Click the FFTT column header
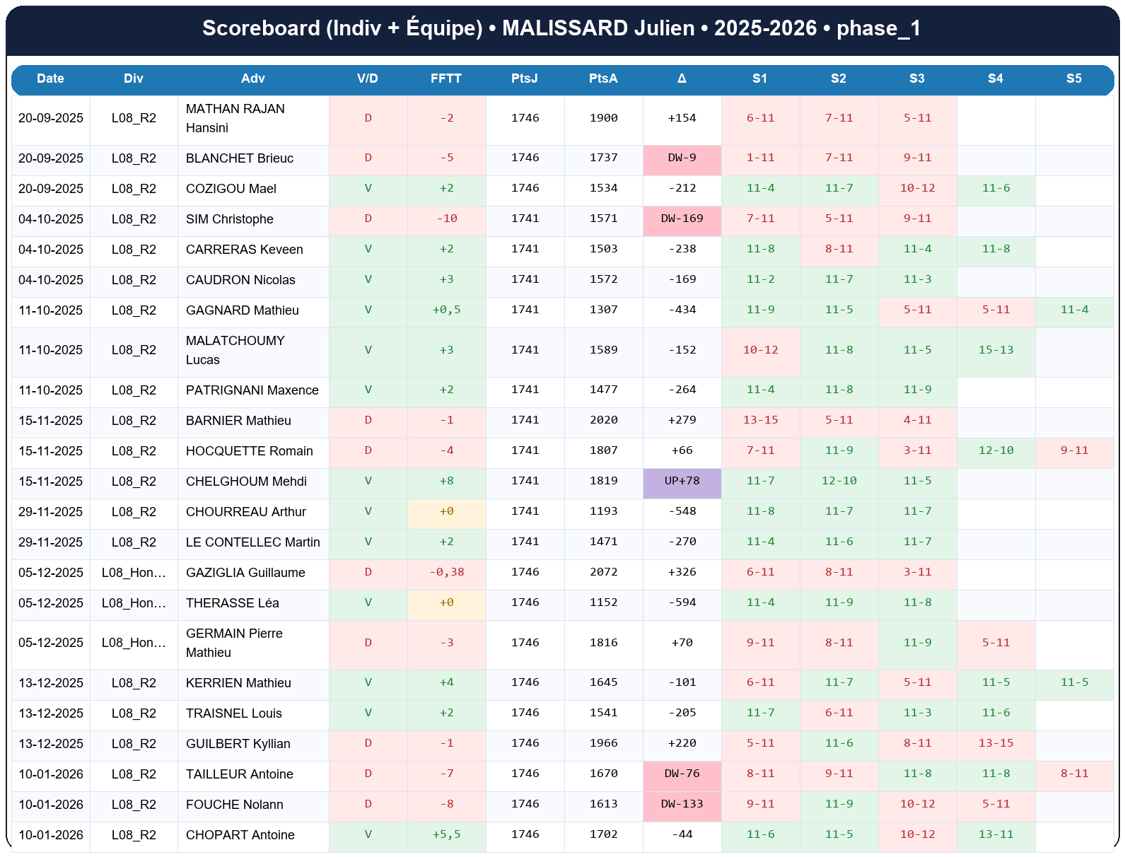tap(446, 78)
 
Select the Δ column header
tap(682, 78)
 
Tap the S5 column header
tap(1073, 78)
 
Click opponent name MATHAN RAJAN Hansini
tap(235, 118)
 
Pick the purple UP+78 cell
tap(682, 481)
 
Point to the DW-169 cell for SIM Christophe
tap(682, 218)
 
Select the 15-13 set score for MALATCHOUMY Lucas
tap(996, 350)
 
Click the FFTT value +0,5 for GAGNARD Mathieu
tap(446, 310)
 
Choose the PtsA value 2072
tap(603, 572)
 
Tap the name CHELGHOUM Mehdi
tap(246, 482)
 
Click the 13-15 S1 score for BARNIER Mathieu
tap(760, 420)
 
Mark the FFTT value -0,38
tap(446, 572)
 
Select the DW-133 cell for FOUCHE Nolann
tap(682, 804)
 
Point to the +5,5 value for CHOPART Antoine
tap(446, 834)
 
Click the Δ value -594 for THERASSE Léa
tap(682, 602)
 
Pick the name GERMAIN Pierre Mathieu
tap(234, 643)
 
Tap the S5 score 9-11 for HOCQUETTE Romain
tap(1074, 450)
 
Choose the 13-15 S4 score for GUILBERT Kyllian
tap(996, 743)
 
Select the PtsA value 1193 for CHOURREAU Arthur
tap(603, 511)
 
